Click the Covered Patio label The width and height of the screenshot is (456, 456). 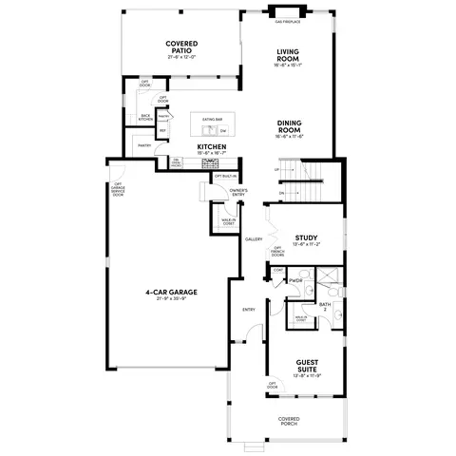coord(180,47)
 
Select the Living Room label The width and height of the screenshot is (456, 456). coord(289,56)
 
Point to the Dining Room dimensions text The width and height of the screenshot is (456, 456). coord(289,137)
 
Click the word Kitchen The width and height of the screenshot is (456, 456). coord(210,146)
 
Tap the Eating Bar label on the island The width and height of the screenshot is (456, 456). coord(213,119)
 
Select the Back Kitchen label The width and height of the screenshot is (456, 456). coord(145,117)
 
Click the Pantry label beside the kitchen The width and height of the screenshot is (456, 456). coord(144,145)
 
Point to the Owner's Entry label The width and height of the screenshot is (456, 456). coord(238,193)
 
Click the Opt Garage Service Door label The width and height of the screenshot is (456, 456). coord(119,190)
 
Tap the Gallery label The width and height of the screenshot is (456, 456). coord(254,239)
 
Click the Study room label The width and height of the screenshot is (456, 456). coord(306,237)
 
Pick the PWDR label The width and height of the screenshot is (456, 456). coord(295,280)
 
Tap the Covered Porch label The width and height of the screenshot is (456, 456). coord(289,421)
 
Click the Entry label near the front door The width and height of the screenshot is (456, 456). coord(249,310)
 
